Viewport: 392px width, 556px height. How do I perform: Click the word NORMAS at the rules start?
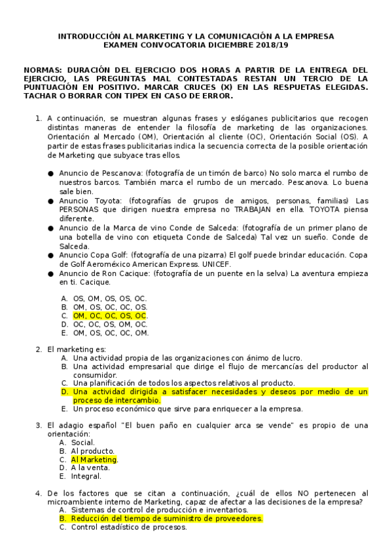point(45,69)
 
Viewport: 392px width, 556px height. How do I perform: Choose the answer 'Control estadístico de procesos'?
point(129,526)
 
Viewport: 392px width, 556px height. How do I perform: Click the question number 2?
point(39,349)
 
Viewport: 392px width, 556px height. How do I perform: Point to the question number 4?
point(39,493)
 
